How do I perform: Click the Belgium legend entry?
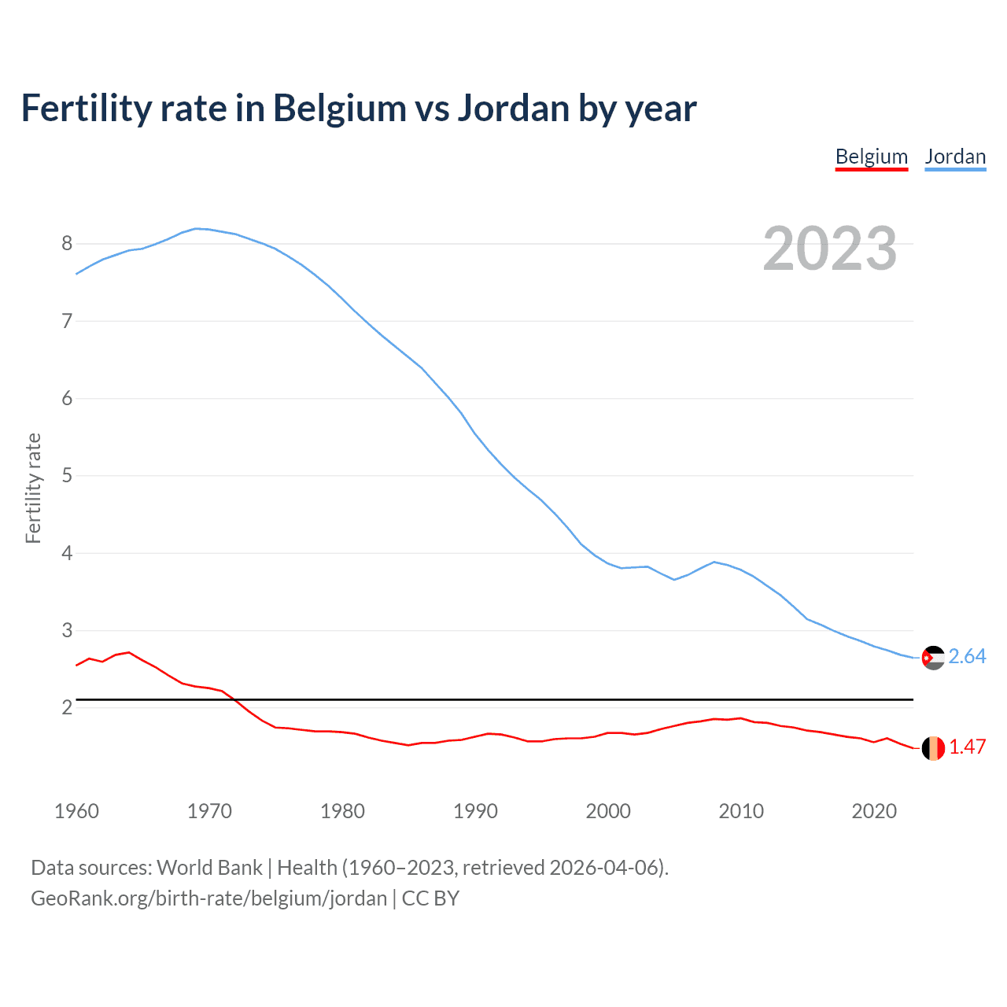pyautogui.click(x=871, y=157)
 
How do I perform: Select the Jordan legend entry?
pyautogui.click(x=955, y=157)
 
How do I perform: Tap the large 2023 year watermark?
pyautogui.click(x=830, y=249)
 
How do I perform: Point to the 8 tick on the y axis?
pyautogui.click(x=67, y=244)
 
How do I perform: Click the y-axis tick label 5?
pyautogui.click(x=67, y=476)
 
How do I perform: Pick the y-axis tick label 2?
pyautogui.click(x=67, y=708)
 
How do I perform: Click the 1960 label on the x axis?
pyautogui.click(x=76, y=811)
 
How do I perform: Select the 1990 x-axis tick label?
pyautogui.click(x=475, y=811)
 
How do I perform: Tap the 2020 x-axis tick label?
pyautogui.click(x=874, y=811)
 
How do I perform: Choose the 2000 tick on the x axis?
pyautogui.click(x=608, y=811)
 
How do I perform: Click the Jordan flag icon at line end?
pyautogui.click(x=933, y=657)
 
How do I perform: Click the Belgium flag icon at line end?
pyautogui.click(x=933, y=748)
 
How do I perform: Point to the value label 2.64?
pyautogui.click(x=967, y=657)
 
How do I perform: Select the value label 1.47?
pyautogui.click(x=967, y=747)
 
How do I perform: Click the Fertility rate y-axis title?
pyautogui.click(x=33, y=488)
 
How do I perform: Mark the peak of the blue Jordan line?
pyautogui.click(x=197, y=229)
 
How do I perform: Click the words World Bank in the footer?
pyautogui.click(x=209, y=868)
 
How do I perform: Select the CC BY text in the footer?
pyautogui.click(x=430, y=898)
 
